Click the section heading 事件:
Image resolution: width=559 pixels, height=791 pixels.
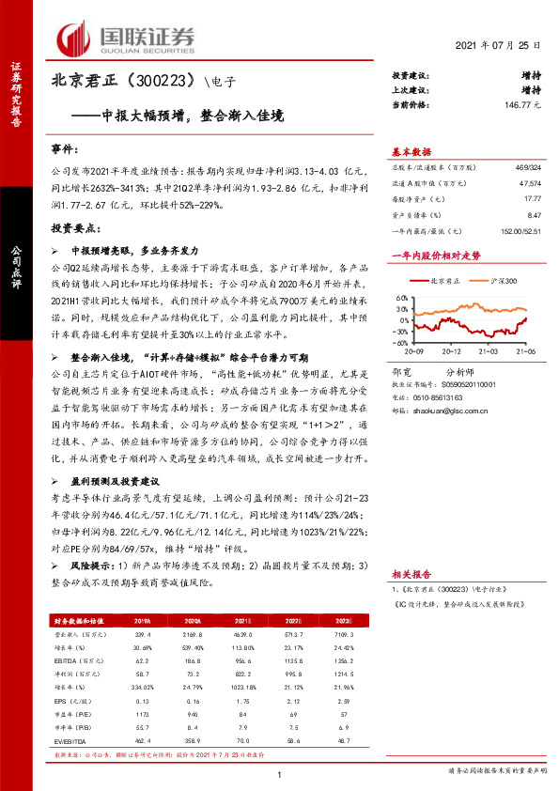point(68,149)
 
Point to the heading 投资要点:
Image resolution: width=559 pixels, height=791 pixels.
point(77,228)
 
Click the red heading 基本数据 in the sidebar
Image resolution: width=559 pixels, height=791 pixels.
point(411,152)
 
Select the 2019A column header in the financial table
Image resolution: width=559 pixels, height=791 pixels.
point(144,621)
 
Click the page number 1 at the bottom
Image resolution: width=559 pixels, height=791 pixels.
point(280,773)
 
